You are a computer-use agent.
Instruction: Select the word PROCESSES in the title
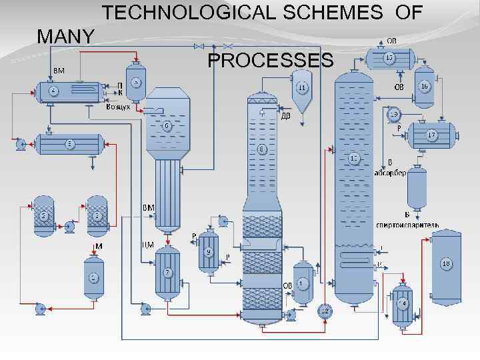(270, 61)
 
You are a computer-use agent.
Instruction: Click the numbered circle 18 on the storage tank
(447, 264)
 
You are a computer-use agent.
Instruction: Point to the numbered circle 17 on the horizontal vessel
(432, 135)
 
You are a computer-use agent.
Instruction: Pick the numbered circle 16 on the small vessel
(424, 86)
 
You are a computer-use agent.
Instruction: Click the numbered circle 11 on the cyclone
(302, 87)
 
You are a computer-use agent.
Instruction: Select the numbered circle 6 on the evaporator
(167, 125)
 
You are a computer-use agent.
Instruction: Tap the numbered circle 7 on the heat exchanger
(167, 272)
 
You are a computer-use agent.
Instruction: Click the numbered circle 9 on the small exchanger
(209, 251)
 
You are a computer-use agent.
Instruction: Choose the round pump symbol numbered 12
(325, 311)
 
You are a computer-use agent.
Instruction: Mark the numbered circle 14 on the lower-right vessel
(402, 303)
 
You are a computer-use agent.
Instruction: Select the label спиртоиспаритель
(408, 225)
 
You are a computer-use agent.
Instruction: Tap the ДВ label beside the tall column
(285, 115)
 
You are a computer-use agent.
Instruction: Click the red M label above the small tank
(98, 247)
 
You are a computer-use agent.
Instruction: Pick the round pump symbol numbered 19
(394, 114)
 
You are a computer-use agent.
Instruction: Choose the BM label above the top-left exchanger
(59, 70)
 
